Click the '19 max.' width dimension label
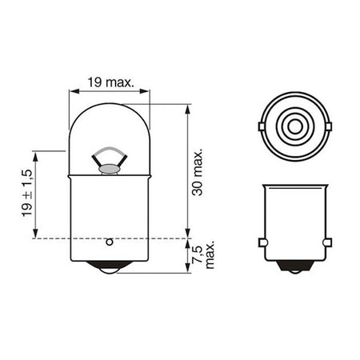[x=110, y=82]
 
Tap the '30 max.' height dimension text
[x=198, y=173]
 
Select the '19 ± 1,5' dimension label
[x=27, y=193]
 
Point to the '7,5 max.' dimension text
[x=203, y=254]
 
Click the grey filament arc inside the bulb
[x=109, y=150]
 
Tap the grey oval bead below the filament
[x=110, y=169]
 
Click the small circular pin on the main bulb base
[x=110, y=242]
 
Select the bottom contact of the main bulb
[x=110, y=267]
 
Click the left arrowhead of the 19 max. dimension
[x=74, y=91]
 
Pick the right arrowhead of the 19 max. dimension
[x=145, y=91]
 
